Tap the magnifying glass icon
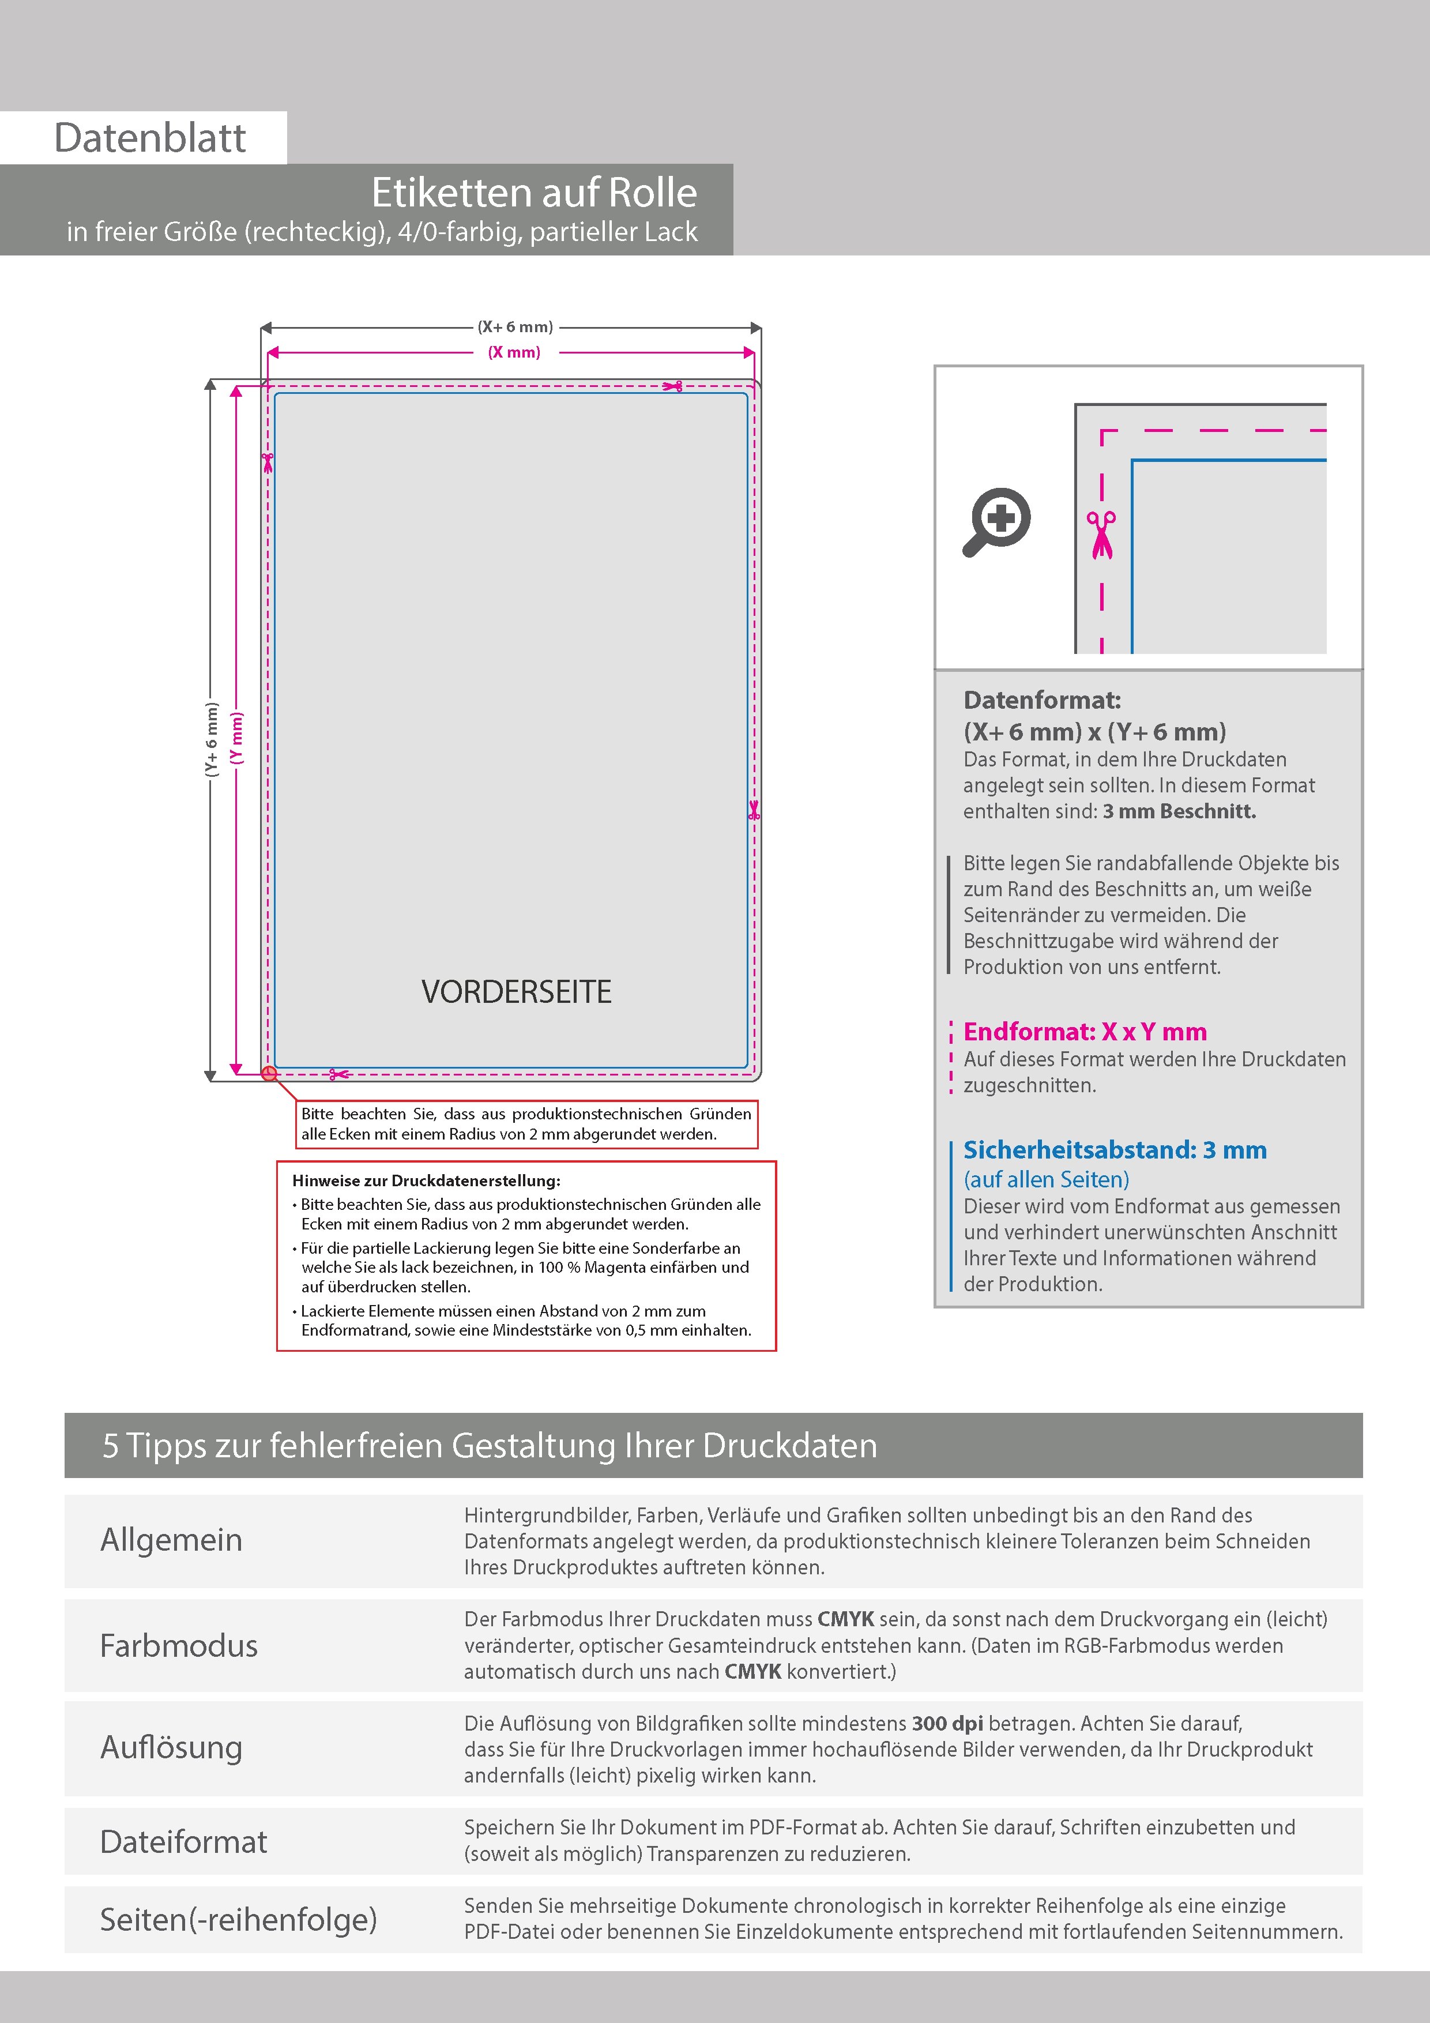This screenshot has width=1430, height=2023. coord(996,521)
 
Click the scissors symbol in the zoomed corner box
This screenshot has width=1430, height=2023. coord(1101,534)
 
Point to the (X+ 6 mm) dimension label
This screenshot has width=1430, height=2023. coord(515,327)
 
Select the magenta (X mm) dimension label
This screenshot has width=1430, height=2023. coord(514,352)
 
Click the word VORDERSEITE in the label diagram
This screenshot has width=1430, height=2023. coord(515,992)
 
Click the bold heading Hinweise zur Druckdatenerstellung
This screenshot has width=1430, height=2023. coord(427,1180)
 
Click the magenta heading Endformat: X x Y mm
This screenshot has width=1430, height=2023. coord(1085,1032)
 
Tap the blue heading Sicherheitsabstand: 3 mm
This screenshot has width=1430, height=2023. coord(1115,1150)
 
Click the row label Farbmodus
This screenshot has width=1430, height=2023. coord(179,1646)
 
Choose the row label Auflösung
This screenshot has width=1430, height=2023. coord(171,1747)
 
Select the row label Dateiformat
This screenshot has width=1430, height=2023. coord(183,1841)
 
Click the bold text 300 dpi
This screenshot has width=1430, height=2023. coord(947,1724)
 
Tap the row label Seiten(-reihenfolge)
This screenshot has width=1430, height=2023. coord(238,1919)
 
